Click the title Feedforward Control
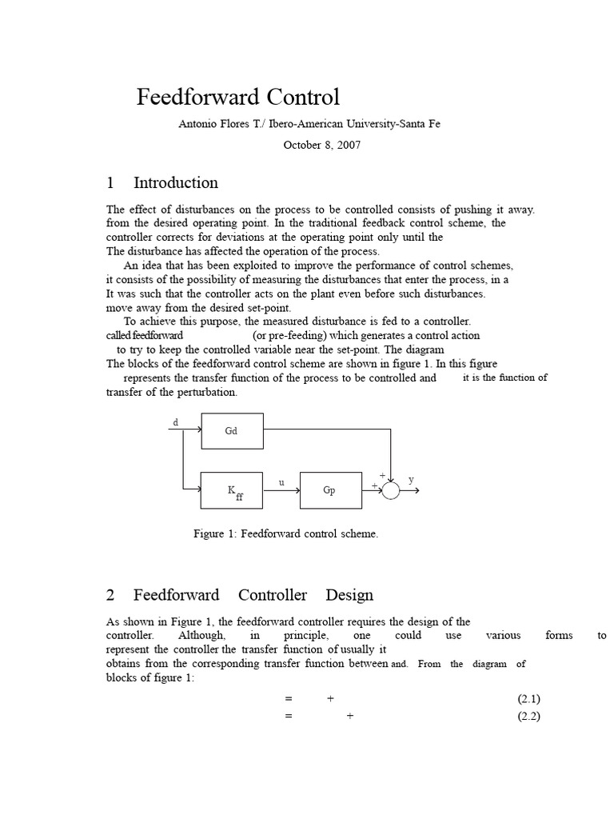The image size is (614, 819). click(238, 98)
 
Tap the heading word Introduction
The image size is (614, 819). click(176, 182)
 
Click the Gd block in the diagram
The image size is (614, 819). click(232, 430)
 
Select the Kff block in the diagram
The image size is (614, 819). click(233, 490)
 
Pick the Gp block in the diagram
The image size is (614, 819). click(329, 490)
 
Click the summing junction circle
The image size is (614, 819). click(390, 490)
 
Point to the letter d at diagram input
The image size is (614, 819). click(176, 421)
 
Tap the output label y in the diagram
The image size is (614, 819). click(412, 480)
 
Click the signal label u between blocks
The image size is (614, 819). click(281, 482)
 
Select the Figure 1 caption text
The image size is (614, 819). click(285, 533)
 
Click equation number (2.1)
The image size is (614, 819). click(529, 698)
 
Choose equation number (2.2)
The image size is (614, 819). click(529, 716)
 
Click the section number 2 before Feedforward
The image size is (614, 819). click(111, 596)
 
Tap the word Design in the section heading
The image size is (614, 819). click(349, 596)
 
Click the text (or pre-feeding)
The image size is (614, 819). click(300, 335)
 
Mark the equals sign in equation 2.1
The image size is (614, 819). click(289, 698)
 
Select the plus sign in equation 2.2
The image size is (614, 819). click(349, 716)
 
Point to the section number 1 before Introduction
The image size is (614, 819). click(111, 182)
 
